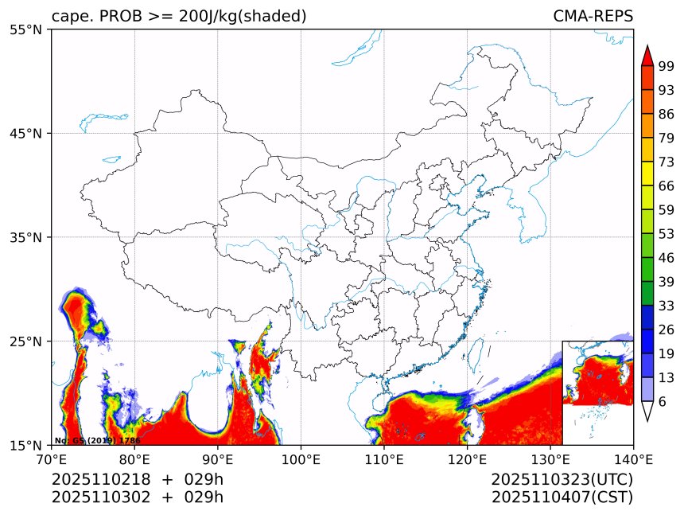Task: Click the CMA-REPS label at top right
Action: tap(593, 17)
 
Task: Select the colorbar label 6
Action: tap(663, 402)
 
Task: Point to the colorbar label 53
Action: tap(667, 234)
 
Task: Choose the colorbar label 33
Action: tap(667, 306)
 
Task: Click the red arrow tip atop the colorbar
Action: tap(647, 55)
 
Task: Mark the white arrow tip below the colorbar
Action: tap(647, 412)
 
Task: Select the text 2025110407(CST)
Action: tap(562, 497)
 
